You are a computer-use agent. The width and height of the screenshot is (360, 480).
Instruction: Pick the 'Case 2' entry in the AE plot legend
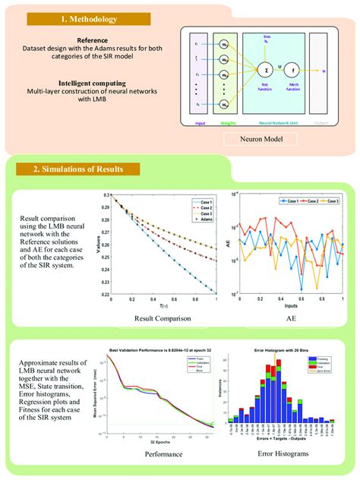pyautogui.click(x=288, y=201)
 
